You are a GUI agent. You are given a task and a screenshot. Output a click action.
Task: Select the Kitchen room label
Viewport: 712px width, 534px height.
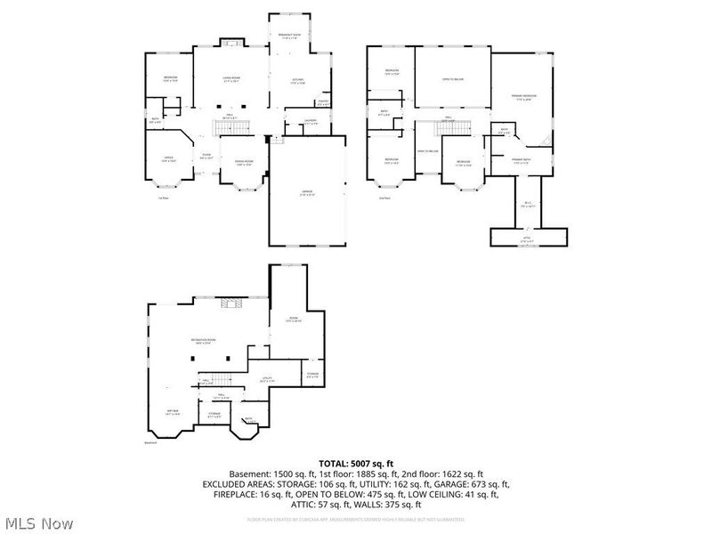tap(298, 82)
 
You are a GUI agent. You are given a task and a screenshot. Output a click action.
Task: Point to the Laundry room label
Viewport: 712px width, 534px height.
tap(310, 122)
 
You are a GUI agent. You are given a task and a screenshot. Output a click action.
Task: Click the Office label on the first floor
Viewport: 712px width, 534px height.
tap(166, 159)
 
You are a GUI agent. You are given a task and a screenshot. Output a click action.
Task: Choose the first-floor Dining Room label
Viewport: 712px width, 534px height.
tap(243, 162)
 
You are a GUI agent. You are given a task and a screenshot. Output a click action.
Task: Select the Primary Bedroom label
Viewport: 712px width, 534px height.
tap(522, 98)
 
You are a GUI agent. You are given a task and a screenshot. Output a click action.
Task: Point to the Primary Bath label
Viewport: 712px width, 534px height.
tap(520, 161)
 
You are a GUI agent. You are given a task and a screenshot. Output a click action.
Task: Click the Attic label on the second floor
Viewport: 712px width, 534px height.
tap(527, 240)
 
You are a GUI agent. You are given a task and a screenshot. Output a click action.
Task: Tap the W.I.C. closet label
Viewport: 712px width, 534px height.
tap(527, 203)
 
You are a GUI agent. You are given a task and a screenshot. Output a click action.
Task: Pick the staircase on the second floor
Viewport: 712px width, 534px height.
tap(455, 127)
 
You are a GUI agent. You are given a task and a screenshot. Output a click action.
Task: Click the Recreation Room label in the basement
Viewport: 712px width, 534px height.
tap(203, 342)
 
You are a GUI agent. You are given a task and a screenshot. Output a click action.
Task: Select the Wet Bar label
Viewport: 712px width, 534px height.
tap(173, 412)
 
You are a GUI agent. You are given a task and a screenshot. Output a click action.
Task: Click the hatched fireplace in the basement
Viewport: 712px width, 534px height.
tap(231, 303)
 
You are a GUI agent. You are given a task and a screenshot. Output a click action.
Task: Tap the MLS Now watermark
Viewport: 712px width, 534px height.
tap(37, 523)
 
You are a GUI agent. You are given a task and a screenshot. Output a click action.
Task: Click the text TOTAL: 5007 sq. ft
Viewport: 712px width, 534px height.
tap(356, 464)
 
